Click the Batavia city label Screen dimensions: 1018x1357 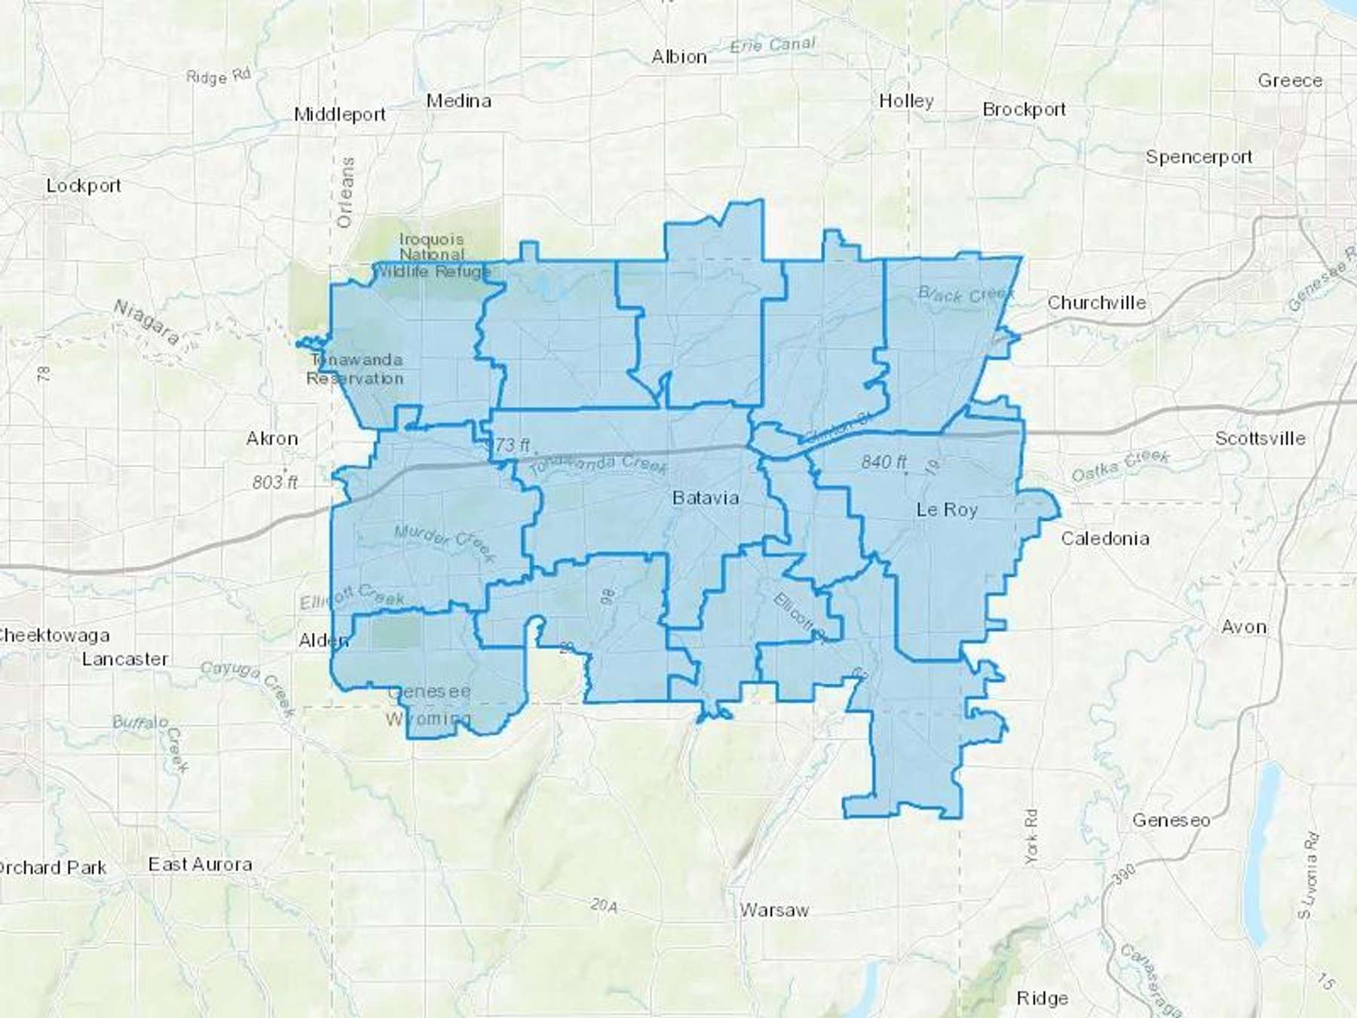click(705, 498)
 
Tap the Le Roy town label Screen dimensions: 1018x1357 click(946, 510)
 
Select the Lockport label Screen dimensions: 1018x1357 click(83, 186)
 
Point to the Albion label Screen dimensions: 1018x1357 click(678, 57)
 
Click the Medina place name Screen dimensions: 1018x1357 click(458, 101)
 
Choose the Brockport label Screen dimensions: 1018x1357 click(1024, 109)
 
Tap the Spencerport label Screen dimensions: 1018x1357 click(1199, 157)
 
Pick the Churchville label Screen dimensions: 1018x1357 click(1096, 303)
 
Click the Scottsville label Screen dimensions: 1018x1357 click(1260, 438)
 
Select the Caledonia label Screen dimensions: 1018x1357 click(1104, 538)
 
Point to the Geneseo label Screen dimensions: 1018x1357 click(1171, 820)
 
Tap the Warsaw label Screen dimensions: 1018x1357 click(773, 910)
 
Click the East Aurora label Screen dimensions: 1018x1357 click(200, 864)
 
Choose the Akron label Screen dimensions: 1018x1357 click(272, 438)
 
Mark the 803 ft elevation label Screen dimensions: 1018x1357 click(275, 482)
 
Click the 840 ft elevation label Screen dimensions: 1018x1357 click(884, 461)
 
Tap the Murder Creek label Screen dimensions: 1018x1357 click(445, 543)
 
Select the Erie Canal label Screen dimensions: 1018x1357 click(773, 45)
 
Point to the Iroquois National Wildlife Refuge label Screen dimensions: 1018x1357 click(432, 255)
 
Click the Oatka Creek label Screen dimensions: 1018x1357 click(1120, 465)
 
